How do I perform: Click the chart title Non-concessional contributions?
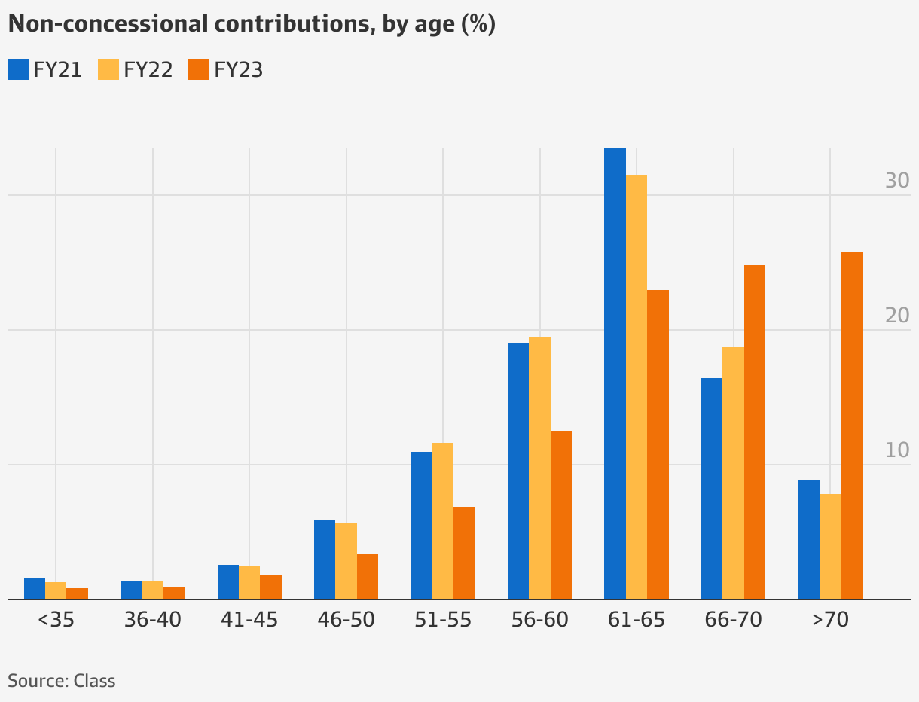(251, 24)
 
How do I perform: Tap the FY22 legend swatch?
(108, 69)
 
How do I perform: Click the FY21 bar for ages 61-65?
(615, 373)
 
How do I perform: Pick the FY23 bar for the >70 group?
(851, 426)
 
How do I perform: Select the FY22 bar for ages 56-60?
(539, 468)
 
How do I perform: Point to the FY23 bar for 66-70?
(754, 432)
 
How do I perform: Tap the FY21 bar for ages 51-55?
(422, 526)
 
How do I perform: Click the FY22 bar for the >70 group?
(830, 547)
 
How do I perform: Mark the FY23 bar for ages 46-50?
(368, 577)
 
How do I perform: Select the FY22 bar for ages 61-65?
(637, 387)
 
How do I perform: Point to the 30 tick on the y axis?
(897, 181)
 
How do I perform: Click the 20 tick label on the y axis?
(897, 316)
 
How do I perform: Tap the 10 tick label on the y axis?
(897, 450)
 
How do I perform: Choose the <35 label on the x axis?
(56, 621)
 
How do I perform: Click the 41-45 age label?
(249, 621)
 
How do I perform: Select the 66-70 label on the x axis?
(733, 621)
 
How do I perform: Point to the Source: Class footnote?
(62, 681)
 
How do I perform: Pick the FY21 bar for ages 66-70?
(712, 489)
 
